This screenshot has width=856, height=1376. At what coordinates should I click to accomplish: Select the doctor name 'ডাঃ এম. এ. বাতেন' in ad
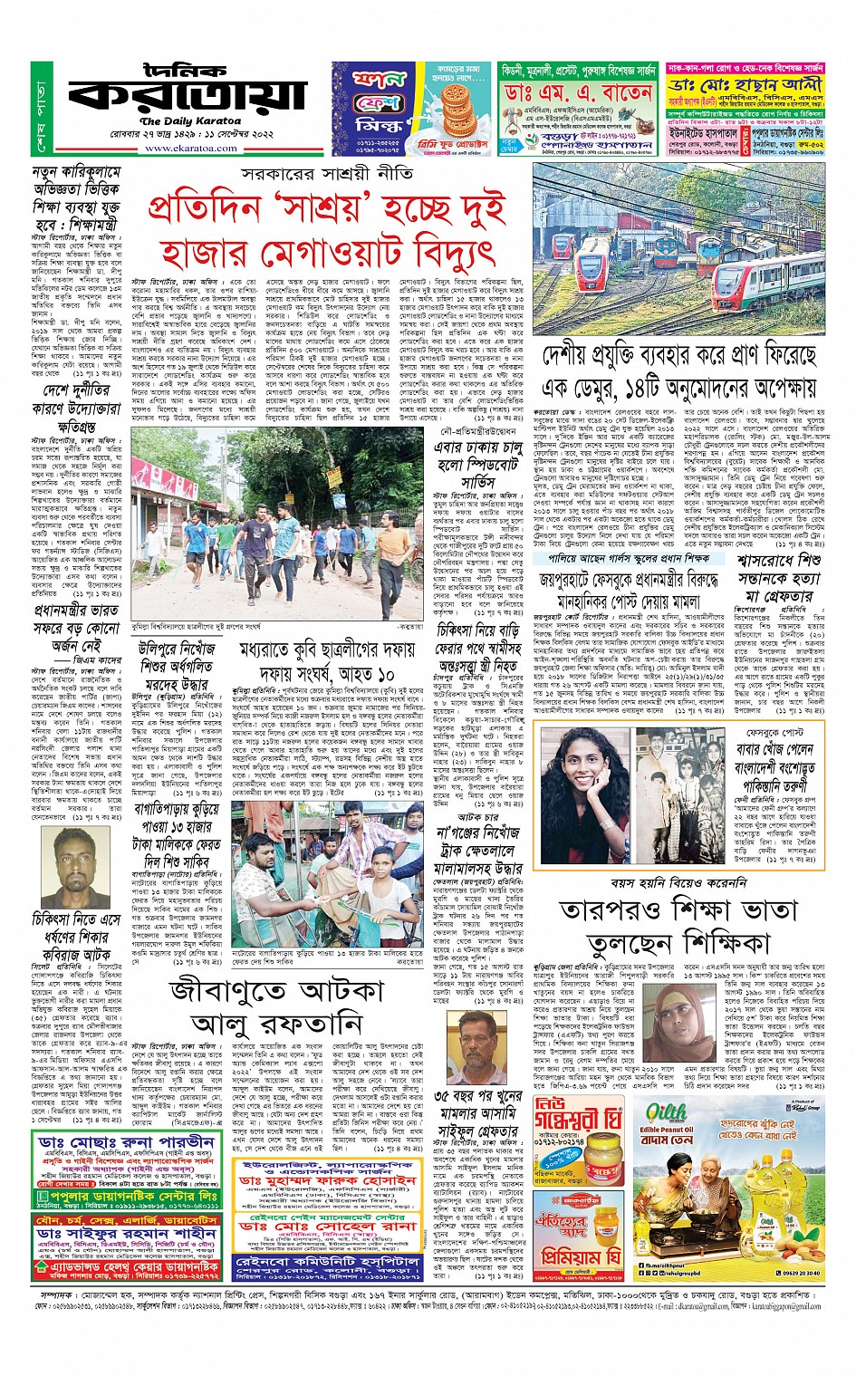tap(579, 93)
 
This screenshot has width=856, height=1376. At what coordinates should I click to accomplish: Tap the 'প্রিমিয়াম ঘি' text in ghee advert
tap(581, 1256)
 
